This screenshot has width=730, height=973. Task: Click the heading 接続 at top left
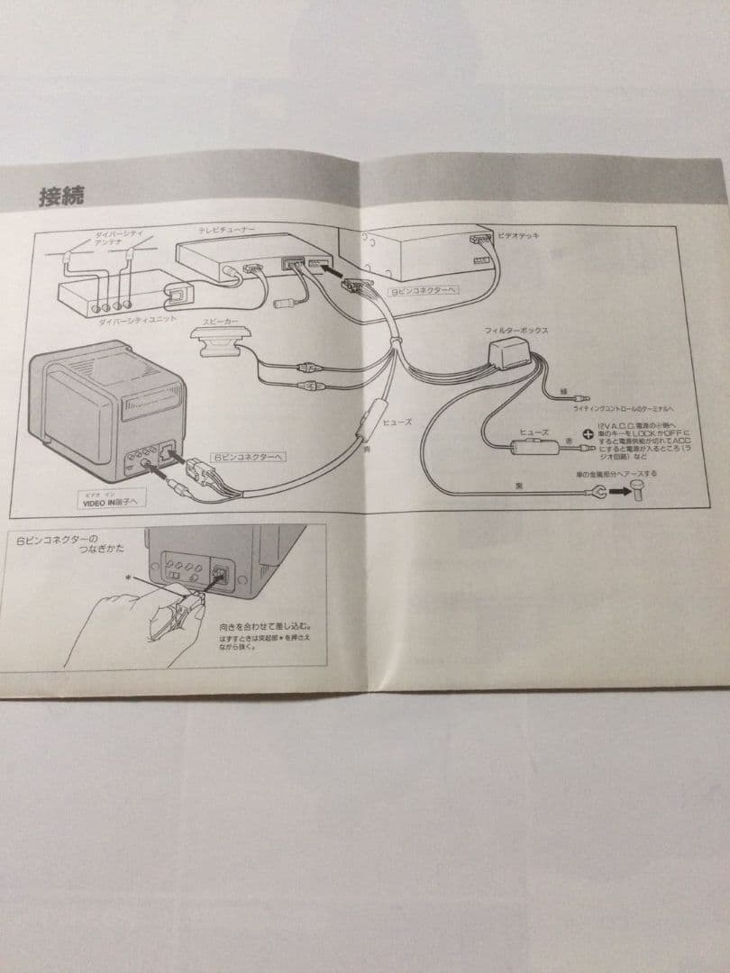click(x=60, y=196)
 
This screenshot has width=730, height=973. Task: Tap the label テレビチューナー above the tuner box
click(x=226, y=231)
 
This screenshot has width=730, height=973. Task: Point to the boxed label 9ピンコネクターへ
click(x=422, y=292)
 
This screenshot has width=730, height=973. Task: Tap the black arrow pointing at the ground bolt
click(x=618, y=492)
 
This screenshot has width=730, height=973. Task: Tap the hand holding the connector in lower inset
click(x=126, y=631)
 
